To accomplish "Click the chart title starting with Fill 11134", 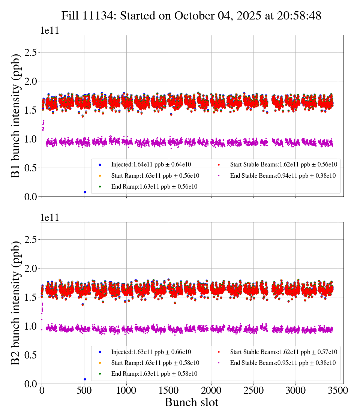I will (x=191, y=15).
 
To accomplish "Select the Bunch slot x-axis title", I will (x=191, y=403).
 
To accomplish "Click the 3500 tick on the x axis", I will (x=338, y=390).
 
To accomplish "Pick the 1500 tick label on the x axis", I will (x=169, y=390).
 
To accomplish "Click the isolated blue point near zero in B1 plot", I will (x=85, y=192).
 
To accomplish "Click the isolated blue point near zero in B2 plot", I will (x=85, y=379).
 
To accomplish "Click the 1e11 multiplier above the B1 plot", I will (x=49, y=31).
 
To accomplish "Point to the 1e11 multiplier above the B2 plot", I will (x=49, y=218).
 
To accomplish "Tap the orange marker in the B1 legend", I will (x=100, y=175).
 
